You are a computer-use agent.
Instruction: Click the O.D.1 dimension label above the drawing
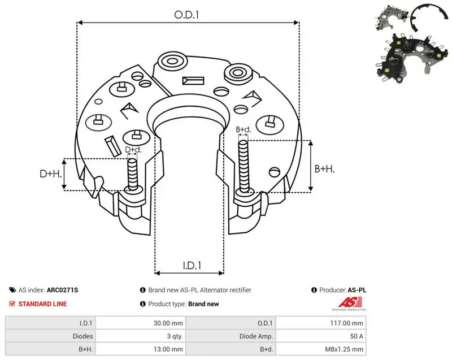point(186,15)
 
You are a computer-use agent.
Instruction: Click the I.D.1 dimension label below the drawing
point(192,265)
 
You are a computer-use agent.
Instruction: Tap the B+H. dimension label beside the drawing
point(324,168)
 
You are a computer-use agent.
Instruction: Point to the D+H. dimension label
point(51,174)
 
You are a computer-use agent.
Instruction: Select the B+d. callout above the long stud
point(244,129)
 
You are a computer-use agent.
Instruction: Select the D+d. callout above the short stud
point(133,150)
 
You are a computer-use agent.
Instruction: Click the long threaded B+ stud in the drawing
point(244,167)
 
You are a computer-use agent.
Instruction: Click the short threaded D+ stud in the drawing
point(133,175)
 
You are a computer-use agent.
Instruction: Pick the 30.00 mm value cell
point(168,323)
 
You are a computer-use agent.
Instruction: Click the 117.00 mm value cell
point(346,323)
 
